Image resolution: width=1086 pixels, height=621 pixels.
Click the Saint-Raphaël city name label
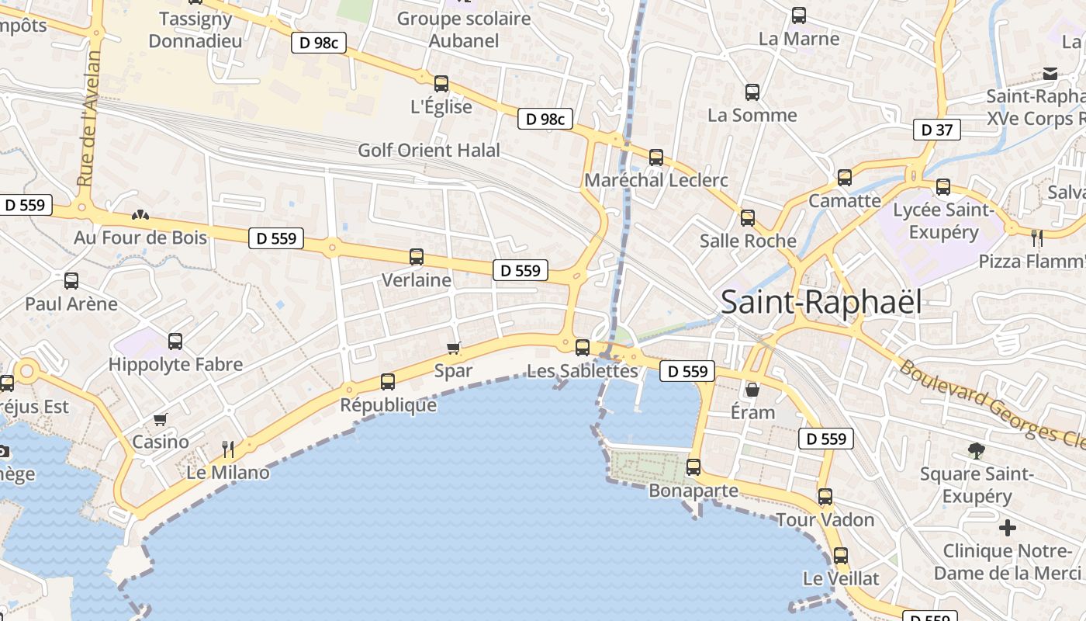(821, 302)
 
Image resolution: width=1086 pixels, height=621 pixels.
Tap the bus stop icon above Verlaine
(417, 257)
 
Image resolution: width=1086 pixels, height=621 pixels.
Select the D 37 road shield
(936, 130)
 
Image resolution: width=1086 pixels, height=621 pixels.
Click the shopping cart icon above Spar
(454, 348)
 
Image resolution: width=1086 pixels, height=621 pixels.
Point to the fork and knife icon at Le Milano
(228, 449)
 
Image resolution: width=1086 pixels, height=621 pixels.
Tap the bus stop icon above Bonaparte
(693, 467)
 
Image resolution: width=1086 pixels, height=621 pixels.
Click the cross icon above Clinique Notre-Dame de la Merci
(1008, 528)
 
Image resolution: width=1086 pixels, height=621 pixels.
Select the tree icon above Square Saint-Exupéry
(977, 450)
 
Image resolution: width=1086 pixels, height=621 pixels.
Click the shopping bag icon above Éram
(752, 389)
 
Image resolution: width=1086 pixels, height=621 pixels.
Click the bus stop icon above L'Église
(441, 84)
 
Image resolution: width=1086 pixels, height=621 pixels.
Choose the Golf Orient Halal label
(429, 150)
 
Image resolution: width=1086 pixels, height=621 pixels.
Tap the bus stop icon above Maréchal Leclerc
(656, 158)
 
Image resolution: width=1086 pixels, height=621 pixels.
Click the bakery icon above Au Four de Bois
(140, 214)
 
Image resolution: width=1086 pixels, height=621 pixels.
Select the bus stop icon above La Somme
(752, 92)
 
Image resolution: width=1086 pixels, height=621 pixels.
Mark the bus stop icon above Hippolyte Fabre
(175, 341)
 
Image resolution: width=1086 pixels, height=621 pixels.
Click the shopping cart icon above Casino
(161, 419)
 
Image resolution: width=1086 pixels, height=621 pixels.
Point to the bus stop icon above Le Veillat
(841, 556)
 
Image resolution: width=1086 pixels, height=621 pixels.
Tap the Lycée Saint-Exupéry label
(943, 220)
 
